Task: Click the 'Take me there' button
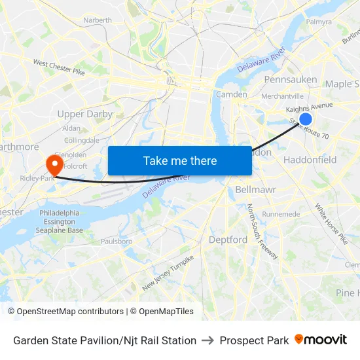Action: [x=180, y=160]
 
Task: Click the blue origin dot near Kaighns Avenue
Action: [x=305, y=119]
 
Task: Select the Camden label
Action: [x=232, y=94]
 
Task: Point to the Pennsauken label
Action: [x=291, y=80]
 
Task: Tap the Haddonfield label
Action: [x=310, y=160]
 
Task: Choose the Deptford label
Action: [x=228, y=240]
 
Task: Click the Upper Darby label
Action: [x=85, y=114]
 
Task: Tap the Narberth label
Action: [x=98, y=20]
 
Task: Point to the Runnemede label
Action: [x=281, y=214]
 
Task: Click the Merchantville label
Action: [x=283, y=96]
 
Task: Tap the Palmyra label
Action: [x=319, y=22]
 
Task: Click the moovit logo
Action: [x=321, y=340]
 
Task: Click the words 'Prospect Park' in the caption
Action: [x=254, y=340]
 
